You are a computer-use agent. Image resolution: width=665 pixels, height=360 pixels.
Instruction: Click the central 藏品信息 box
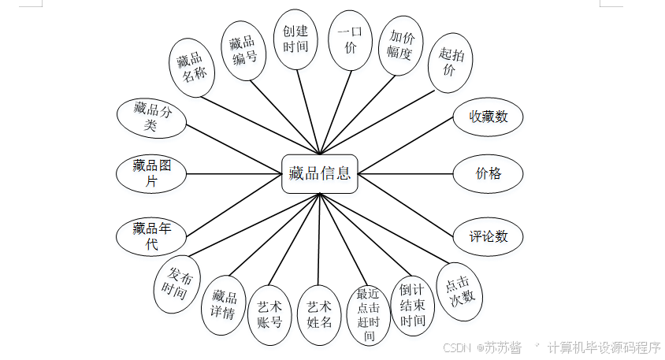coord(320,173)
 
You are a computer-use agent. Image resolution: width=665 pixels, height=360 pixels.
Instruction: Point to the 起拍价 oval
coord(450,62)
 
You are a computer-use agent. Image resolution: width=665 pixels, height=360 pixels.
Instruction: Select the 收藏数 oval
coord(489,117)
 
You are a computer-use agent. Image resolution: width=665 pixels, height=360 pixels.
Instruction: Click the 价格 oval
coord(489,173)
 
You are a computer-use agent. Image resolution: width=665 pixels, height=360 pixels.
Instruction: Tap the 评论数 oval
coord(489,236)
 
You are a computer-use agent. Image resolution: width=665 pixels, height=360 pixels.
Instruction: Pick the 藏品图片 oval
coord(151,173)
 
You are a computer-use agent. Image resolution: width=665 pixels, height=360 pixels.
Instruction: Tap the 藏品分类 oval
coord(151,116)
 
